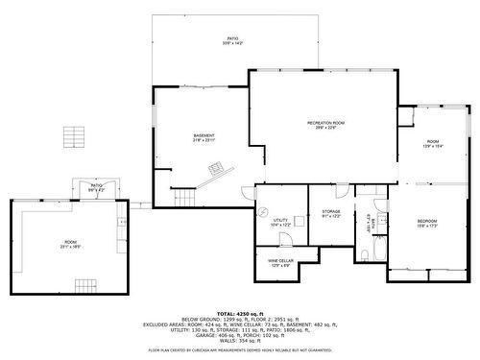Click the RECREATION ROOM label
325,125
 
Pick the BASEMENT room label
203,137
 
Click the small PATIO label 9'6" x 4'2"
97,187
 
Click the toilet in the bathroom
365,254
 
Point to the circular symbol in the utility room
260,213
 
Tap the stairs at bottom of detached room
86,286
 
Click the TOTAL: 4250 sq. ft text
239,313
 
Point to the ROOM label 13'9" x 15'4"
432,144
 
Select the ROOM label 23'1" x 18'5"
71,244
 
